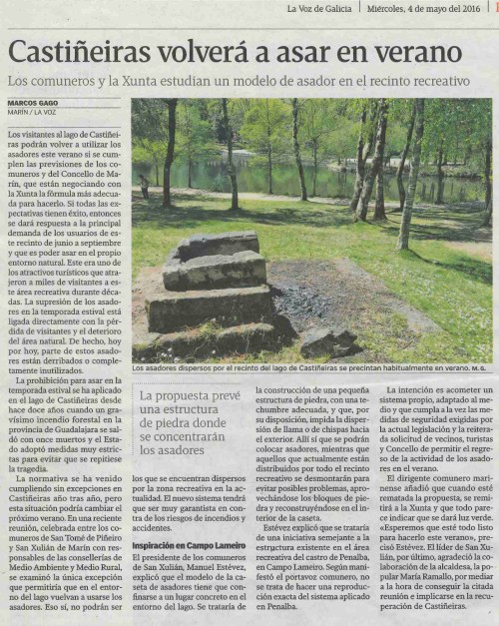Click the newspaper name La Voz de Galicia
[323, 9]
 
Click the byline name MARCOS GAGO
[34, 103]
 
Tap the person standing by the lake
[144, 186]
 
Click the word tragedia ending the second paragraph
[30, 469]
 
